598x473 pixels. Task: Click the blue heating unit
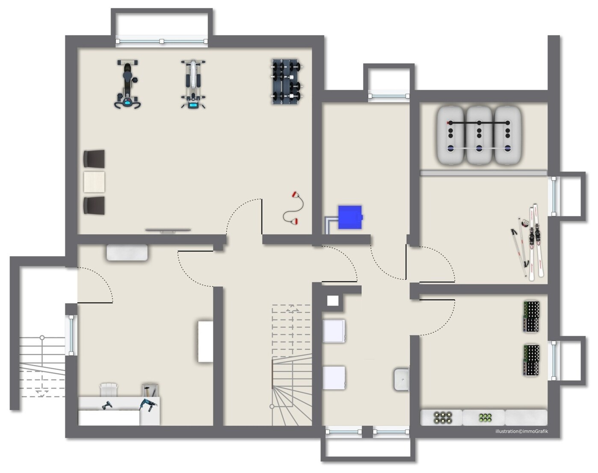[x=350, y=217]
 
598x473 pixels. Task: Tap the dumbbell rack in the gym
[x=287, y=82]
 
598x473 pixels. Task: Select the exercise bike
[x=127, y=84]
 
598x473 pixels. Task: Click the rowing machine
[x=193, y=84]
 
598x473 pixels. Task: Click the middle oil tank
[x=479, y=135]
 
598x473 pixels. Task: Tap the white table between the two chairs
[x=94, y=182]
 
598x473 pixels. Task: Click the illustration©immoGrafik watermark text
[x=521, y=432]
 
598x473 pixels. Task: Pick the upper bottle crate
[x=531, y=316]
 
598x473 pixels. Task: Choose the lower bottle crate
[x=531, y=361]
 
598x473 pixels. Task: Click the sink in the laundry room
[x=401, y=379]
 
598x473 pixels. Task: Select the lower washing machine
[x=334, y=378]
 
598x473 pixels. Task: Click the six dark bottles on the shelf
[x=443, y=418]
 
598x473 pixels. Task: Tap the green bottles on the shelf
[x=485, y=417]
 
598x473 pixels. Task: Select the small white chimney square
[x=333, y=301]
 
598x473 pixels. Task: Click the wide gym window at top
[x=161, y=41]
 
